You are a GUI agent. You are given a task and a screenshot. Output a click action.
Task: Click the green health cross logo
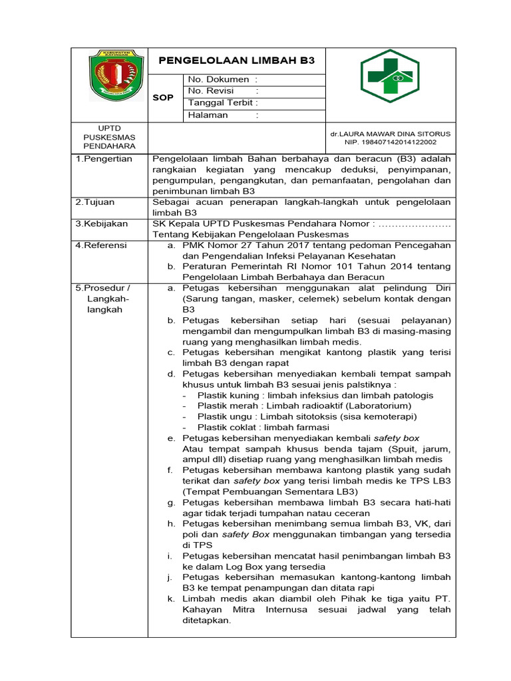point(387,76)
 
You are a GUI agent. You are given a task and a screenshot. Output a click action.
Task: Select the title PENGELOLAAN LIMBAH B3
point(236,61)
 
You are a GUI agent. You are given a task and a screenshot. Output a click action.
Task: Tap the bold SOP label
point(163,98)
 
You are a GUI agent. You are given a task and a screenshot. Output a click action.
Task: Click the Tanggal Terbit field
point(222,102)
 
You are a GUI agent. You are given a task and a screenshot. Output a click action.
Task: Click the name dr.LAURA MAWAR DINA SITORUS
point(391,133)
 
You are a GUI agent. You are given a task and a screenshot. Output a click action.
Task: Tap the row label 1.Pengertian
point(104,159)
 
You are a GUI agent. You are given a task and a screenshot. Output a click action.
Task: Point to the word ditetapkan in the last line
point(207,620)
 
